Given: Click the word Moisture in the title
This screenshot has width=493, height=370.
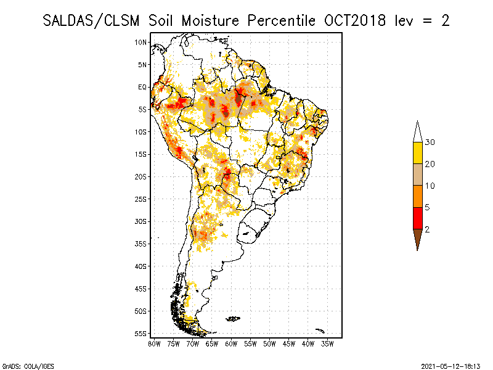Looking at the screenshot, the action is [210, 21].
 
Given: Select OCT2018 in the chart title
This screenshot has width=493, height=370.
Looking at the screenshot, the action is [355, 21].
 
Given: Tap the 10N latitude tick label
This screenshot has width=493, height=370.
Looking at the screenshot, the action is [141, 42].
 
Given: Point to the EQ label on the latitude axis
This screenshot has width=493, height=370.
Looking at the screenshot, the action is [142, 87].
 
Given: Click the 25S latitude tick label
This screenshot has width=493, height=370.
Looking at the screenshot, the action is [141, 199].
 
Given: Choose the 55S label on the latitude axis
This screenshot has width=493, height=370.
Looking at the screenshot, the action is [141, 334].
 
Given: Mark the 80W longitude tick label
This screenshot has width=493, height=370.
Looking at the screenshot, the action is [154, 344].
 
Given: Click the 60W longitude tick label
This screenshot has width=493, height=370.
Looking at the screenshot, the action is [231, 344].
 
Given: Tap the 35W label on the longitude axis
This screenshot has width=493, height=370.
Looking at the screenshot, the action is [327, 344].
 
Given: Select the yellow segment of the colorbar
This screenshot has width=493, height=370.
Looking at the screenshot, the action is [418, 153].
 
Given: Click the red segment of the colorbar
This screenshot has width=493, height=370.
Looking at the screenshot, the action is [418, 218].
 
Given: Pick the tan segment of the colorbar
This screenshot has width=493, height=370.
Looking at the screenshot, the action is [418, 175].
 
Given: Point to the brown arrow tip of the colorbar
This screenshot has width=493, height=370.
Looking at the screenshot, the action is [418, 250].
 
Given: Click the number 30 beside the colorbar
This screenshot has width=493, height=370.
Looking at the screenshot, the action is [430, 142].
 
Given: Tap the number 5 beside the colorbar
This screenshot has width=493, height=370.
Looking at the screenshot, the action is [427, 207].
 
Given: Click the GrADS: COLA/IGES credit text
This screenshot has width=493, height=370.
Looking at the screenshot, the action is [28, 366].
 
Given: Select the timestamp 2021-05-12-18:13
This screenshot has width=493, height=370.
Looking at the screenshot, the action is [450, 366].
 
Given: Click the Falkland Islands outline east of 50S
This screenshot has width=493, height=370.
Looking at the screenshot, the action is [233, 319].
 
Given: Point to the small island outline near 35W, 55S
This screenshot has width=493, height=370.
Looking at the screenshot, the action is [320, 331].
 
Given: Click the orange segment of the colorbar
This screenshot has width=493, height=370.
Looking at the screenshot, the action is [418, 196].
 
